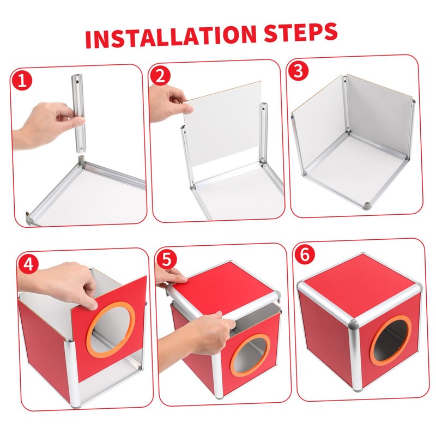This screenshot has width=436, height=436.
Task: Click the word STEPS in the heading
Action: coord(301,32)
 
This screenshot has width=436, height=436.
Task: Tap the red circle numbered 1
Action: coord(22,81)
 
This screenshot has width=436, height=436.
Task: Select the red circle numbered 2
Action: coord(160,76)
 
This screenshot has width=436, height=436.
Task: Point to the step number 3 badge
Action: coord(298,71)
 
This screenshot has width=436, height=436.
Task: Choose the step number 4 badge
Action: coord(28,264)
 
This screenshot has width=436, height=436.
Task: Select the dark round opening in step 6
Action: coord(391,341)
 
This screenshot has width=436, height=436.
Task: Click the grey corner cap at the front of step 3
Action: coord(366,206)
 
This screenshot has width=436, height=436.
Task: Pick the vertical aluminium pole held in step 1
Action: coord(78,113)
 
